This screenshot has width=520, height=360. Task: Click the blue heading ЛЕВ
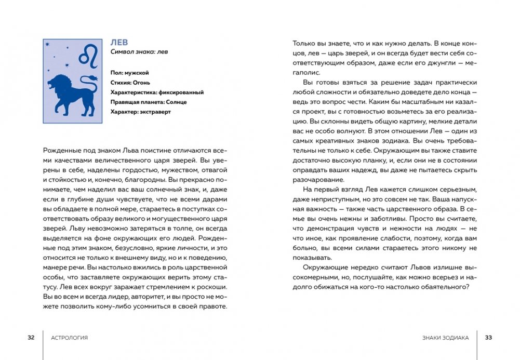tap(119, 42)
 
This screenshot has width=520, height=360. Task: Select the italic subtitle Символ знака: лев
tap(139, 52)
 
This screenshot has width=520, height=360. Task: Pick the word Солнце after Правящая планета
tap(176, 102)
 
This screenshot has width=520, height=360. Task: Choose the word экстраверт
tap(156, 112)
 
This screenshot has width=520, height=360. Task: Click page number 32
tap(31, 338)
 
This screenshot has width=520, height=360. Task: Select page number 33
tap(488, 338)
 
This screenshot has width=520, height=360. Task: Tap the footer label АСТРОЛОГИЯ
tap(70, 338)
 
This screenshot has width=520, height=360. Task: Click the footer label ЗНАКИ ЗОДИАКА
tap(446, 338)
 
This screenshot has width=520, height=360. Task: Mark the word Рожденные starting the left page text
tap(60, 150)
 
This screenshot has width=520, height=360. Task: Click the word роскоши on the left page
tap(212, 287)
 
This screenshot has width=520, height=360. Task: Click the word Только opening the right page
tap(304, 44)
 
